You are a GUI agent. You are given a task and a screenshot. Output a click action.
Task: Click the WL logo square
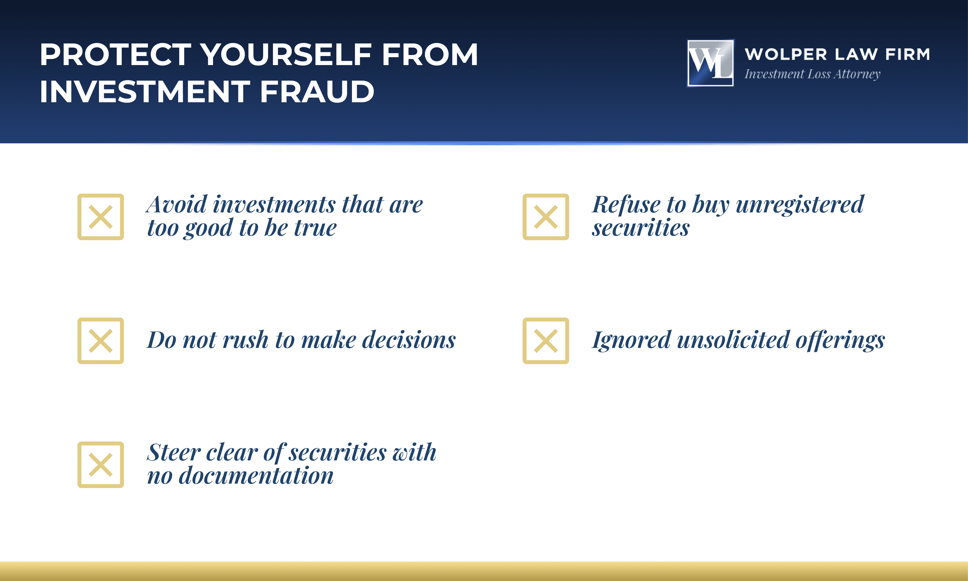[x=711, y=63]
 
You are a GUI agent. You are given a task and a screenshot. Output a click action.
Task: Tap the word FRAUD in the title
[x=317, y=92]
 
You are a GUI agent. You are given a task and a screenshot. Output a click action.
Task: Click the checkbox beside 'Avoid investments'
[x=101, y=217]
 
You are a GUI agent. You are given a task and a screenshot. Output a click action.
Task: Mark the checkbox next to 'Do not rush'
[x=101, y=341]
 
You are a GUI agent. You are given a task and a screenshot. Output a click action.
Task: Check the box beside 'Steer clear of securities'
[x=101, y=465]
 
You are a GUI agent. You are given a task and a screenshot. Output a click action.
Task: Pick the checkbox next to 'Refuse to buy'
[x=546, y=217]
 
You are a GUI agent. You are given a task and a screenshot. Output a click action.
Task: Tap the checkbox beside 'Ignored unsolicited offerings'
[x=546, y=341]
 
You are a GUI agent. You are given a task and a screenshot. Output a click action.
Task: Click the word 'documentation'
[x=256, y=476]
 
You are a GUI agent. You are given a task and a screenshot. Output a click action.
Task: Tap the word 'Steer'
[x=174, y=452]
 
